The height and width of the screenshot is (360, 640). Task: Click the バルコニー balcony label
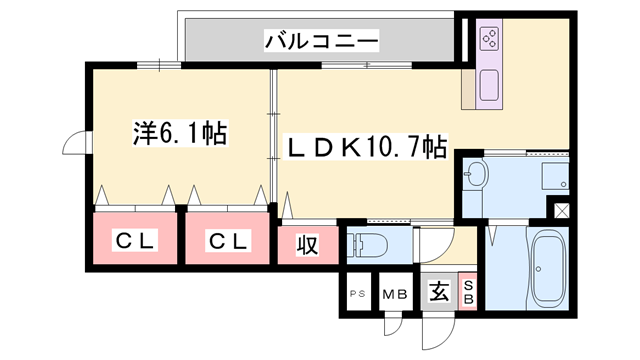click(x=321, y=41)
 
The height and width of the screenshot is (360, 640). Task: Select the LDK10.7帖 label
click(x=368, y=147)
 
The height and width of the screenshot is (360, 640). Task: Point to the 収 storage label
click(x=306, y=245)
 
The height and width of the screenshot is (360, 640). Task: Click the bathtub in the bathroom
click(x=547, y=268)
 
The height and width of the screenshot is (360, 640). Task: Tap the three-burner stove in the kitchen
click(x=490, y=41)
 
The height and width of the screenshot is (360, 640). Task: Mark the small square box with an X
click(x=561, y=211)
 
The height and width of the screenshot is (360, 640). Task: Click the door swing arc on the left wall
click(x=75, y=146)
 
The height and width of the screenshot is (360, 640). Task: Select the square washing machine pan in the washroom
click(x=555, y=177)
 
